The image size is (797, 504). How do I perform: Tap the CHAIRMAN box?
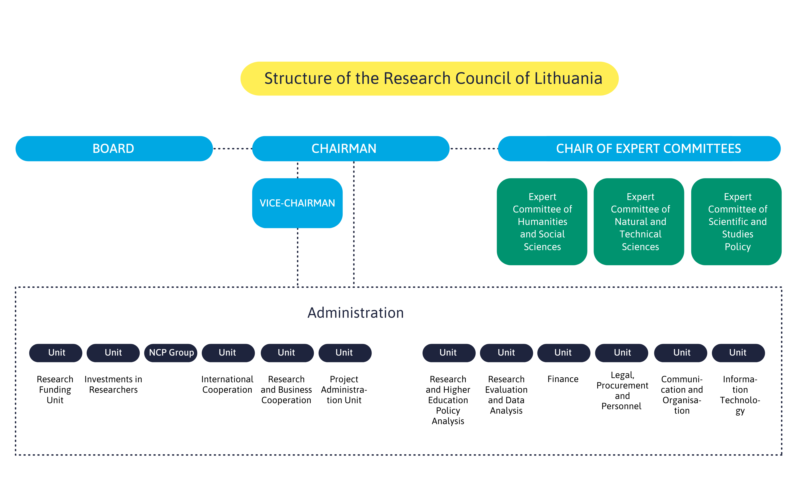351,148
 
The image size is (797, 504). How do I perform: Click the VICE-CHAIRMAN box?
297,203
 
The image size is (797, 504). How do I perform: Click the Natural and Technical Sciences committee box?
639,222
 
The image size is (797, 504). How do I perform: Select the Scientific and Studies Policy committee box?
736,222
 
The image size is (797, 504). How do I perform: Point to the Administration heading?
356,313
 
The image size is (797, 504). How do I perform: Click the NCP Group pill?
171,353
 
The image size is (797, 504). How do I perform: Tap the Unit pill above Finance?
564,353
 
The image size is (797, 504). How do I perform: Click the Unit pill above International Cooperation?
228,353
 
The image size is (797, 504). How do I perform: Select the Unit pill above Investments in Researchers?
113,353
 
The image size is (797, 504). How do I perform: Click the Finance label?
563,379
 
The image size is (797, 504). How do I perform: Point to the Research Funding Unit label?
55,390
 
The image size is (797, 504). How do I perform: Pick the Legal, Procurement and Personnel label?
622,391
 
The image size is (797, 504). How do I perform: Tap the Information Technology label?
740,395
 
